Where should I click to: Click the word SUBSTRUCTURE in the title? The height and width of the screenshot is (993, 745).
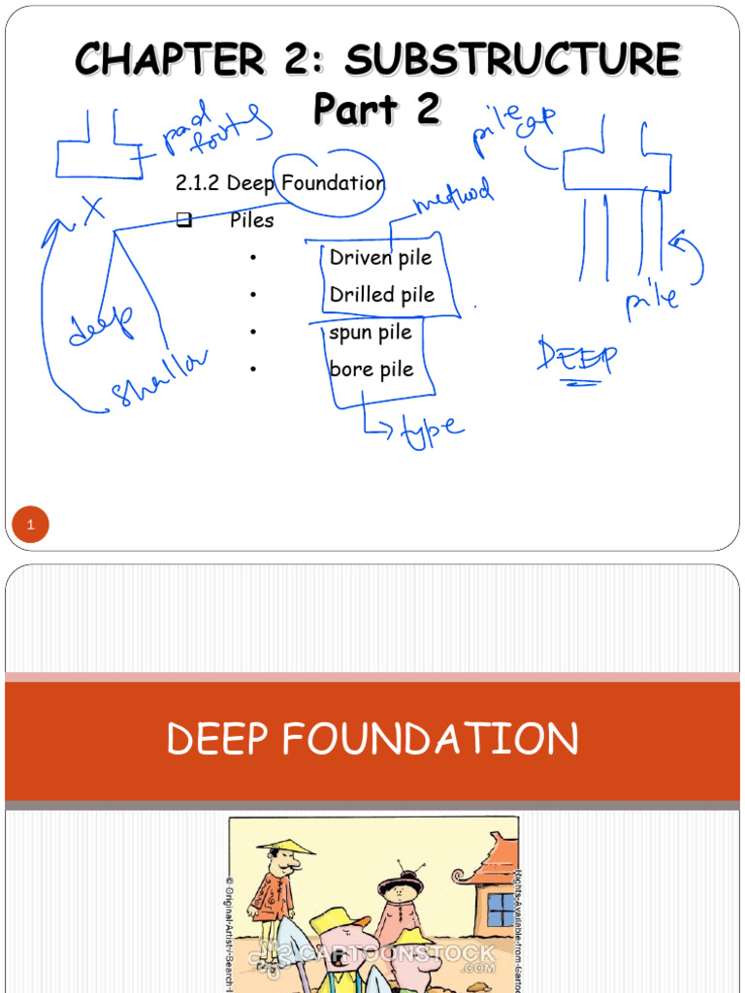(512, 60)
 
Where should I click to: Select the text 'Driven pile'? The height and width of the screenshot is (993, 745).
(380, 258)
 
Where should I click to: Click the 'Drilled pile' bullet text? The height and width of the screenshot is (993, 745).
(382, 295)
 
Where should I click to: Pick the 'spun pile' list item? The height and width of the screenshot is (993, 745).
(371, 333)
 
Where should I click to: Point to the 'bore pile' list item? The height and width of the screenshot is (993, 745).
(372, 369)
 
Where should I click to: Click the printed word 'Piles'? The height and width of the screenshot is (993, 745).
(252, 221)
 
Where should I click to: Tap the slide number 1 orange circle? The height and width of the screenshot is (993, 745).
(30, 526)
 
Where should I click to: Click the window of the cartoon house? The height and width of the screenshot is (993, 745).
(501, 910)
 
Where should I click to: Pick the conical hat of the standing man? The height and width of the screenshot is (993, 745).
(286, 846)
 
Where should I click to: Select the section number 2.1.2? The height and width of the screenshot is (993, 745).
(199, 183)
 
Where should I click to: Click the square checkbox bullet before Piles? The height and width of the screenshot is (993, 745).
(184, 220)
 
